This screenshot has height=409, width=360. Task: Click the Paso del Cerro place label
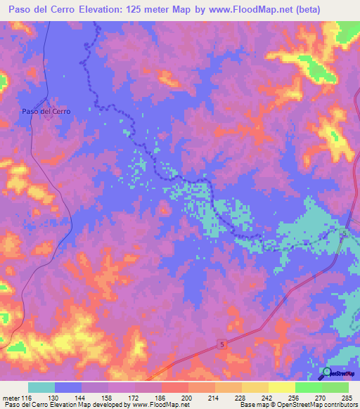pyautogui.click(x=46, y=111)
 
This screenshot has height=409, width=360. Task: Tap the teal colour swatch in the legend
pyautogui.click(x=41, y=387)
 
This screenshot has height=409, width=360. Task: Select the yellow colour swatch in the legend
pyautogui.click(x=282, y=387)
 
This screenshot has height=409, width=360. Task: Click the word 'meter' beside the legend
pyautogui.click(x=11, y=398)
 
